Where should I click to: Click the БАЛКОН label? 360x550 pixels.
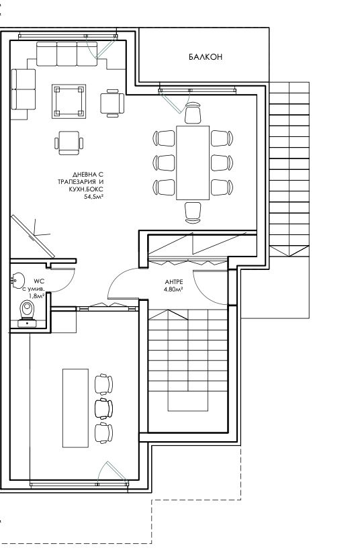(206, 57)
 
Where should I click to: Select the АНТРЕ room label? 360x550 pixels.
(174, 282)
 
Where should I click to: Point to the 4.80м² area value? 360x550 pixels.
(173, 289)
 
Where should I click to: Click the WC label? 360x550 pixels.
(38, 281)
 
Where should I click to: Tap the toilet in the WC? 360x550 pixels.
(28, 313)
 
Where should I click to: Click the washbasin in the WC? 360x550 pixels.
(17, 280)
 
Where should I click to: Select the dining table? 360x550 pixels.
(193, 163)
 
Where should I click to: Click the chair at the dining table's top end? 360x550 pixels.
(193, 113)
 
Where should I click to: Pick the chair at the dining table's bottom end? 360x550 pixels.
(193, 213)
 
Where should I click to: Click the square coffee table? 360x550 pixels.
(69, 101)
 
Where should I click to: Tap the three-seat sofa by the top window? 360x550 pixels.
(66, 54)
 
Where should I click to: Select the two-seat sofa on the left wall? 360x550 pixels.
(24, 89)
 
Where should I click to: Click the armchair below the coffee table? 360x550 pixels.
(69, 143)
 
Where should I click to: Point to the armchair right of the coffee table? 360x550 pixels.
(112, 103)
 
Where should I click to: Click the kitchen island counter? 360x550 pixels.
(75, 408)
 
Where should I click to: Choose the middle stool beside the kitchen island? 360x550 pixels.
(104, 408)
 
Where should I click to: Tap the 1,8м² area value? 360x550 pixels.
(36, 295)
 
